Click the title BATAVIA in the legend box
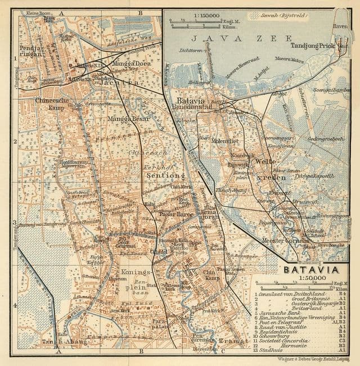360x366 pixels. (x=307, y=270)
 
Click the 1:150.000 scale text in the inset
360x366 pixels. (x=193, y=19)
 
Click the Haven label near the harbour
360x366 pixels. (x=340, y=25)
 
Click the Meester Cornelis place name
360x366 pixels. (x=285, y=240)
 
